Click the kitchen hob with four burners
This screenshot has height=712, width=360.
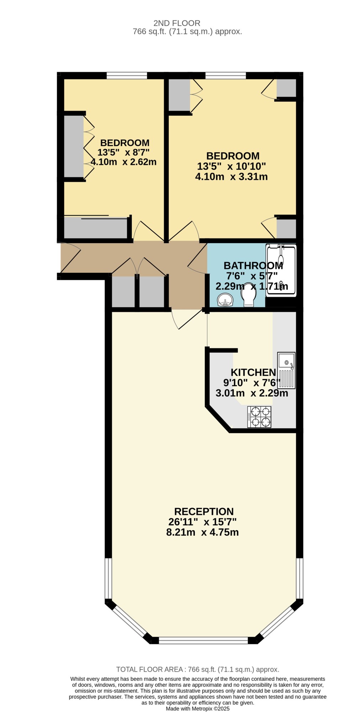pyautogui.click(x=259, y=417)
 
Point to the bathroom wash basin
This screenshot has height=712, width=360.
pyautogui.click(x=225, y=300)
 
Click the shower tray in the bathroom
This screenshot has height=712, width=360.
pyautogui.click(x=281, y=270)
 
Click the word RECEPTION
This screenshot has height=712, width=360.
pyautogui.click(x=204, y=512)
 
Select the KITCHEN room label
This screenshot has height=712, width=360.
pyautogui.click(x=253, y=372)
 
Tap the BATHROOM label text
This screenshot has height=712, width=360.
pyautogui.click(x=253, y=266)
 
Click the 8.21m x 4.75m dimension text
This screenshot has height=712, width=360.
pyautogui.click(x=202, y=533)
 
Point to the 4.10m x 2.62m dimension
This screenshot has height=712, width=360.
pyautogui.click(x=124, y=162)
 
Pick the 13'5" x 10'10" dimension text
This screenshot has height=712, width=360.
pyautogui.click(x=231, y=166)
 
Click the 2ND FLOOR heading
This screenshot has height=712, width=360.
pyautogui.click(x=177, y=23)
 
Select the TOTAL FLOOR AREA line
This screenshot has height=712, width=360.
pyautogui.click(x=198, y=670)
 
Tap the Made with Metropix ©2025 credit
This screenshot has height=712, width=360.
pyautogui.click(x=198, y=709)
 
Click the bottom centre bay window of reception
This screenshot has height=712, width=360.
pyautogui.click(x=203, y=640)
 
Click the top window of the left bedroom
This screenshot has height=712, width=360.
pyautogui.click(x=127, y=75)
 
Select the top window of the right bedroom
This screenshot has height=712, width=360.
pyautogui.click(x=225, y=75)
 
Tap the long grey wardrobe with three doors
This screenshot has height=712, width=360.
pyautogui.click(x=74, y=146)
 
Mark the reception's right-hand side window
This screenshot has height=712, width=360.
pyautogui.click(x=300, y=578)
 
